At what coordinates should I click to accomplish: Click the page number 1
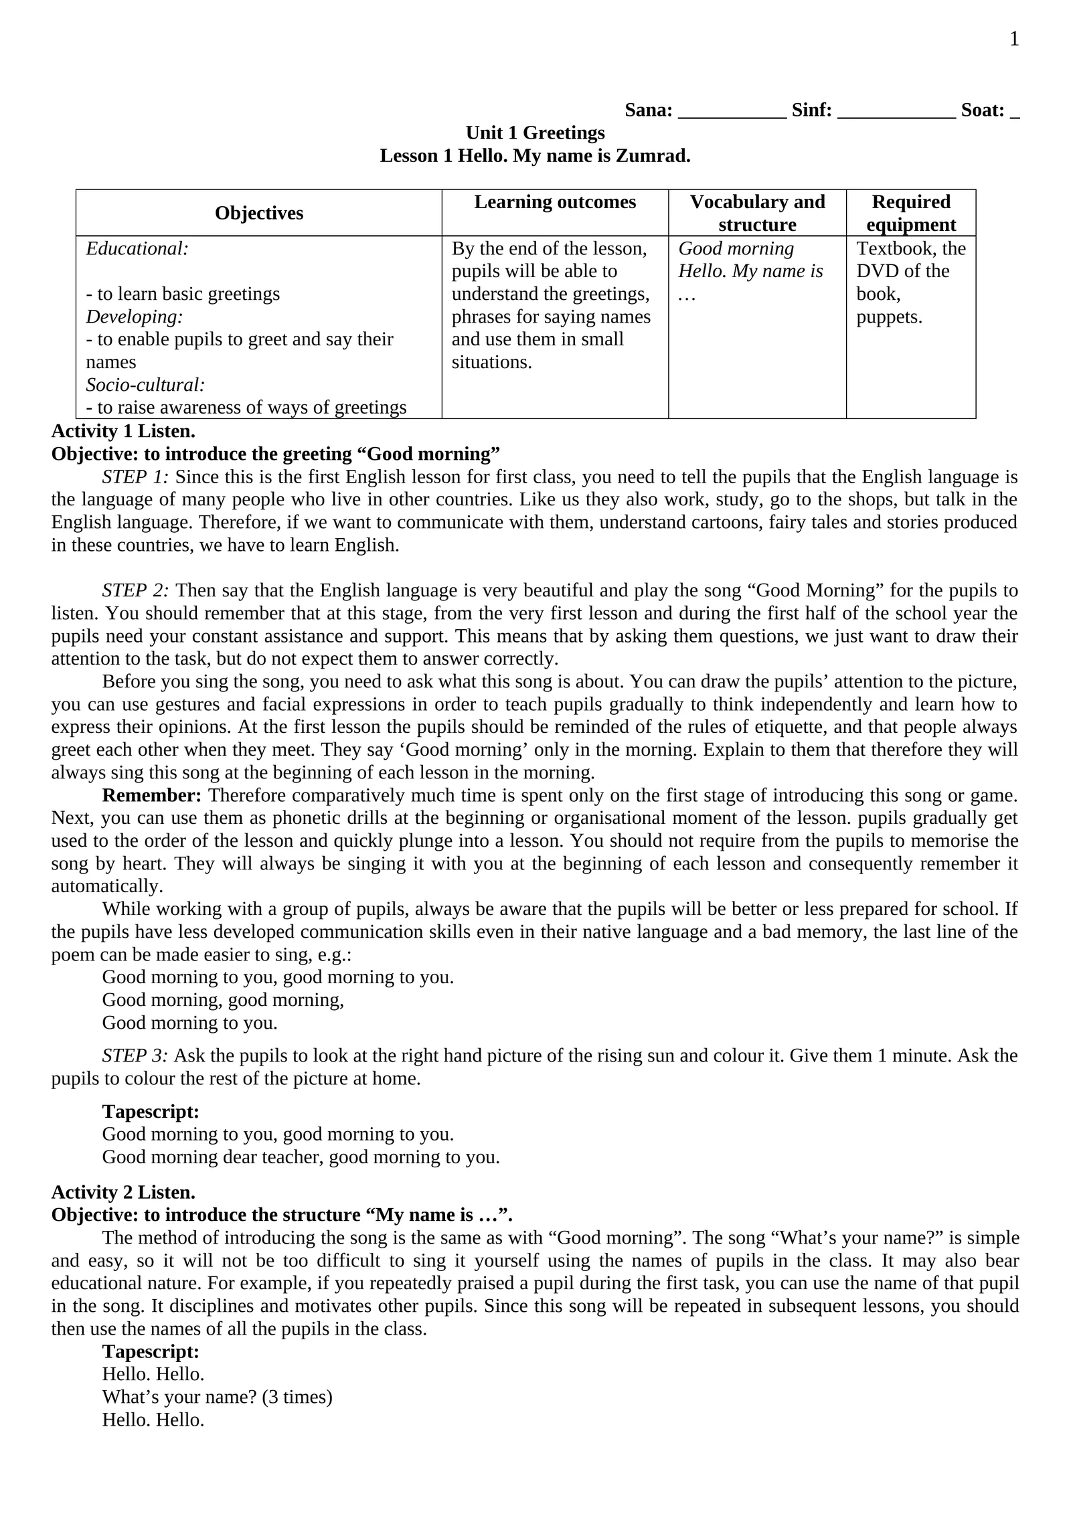(1013, 39)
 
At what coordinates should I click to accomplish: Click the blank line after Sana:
(732, 110)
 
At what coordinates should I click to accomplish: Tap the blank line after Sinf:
(896, 110)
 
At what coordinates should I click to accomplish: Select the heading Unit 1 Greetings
(535, 133)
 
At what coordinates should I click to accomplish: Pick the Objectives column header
(259, 213)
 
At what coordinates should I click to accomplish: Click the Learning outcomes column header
(555, 202)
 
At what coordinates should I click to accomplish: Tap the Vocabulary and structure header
(757, 213)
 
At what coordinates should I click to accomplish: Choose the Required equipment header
(910, 213)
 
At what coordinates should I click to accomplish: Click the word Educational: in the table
(137, 249)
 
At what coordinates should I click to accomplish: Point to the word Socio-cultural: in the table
(145, 385)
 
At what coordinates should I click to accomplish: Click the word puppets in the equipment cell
(888, 317)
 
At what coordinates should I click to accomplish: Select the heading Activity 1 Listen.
(123, 431)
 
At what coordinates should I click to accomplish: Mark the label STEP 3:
(135, 1056)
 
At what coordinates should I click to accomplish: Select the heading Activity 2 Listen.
(123, 1192)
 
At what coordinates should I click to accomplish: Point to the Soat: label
(983, 110)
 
